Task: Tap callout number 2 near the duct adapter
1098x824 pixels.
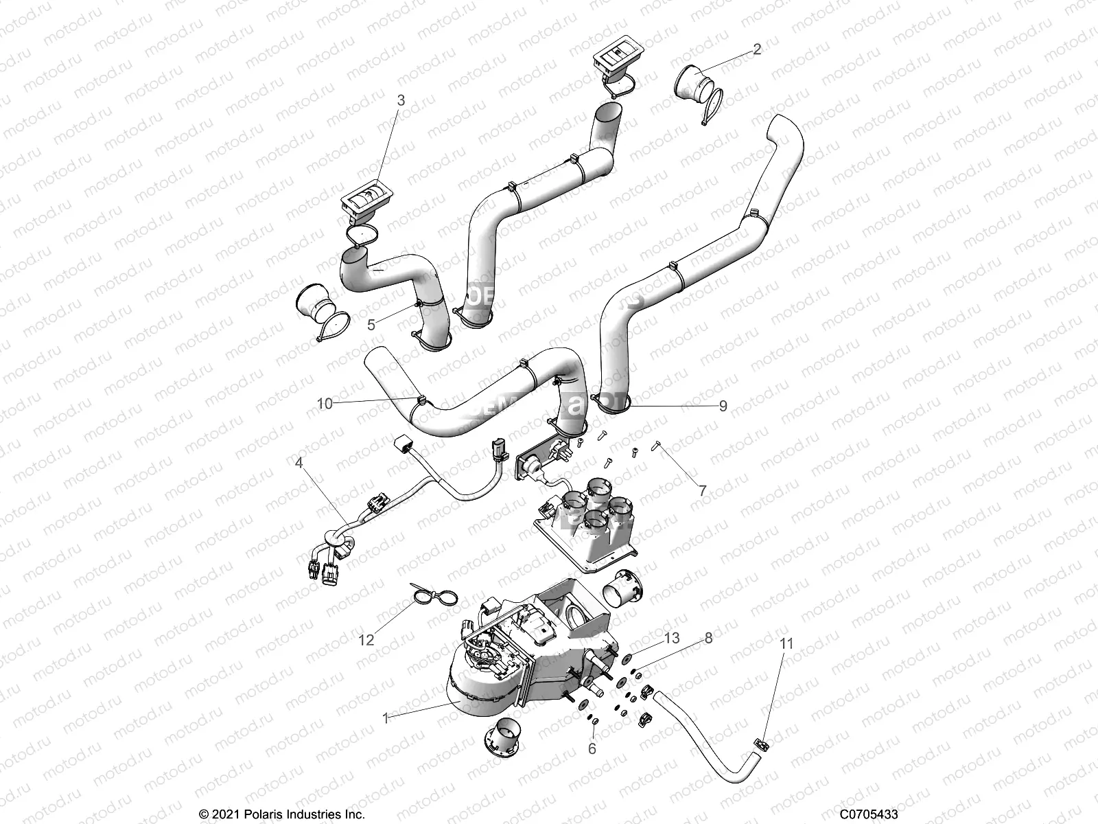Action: pyautogui.click(x=756, y=49)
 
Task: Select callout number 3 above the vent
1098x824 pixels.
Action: pyautogui.click(x=401, y=100)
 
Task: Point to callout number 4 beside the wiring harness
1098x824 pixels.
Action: pyautogui.click(x=299, y=463)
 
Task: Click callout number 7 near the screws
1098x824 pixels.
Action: pyautogui.click(x=702, y=491)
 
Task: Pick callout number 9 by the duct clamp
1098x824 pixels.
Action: pyautogui.click(x=723, y=406)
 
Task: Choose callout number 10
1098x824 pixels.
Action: pyautogui.click(x=325, y=404)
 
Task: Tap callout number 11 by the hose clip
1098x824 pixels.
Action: pyautogui.click(x=787, y=643)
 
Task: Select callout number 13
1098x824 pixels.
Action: pyautogui.click(x=672, y=638)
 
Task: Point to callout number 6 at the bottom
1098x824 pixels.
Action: pyautogui.click(x=592, y=749)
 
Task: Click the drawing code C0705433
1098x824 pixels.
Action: pyautogui.click(x=869, y=814)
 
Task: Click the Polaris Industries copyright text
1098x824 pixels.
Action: pyautogui.click(x=282, y=814)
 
